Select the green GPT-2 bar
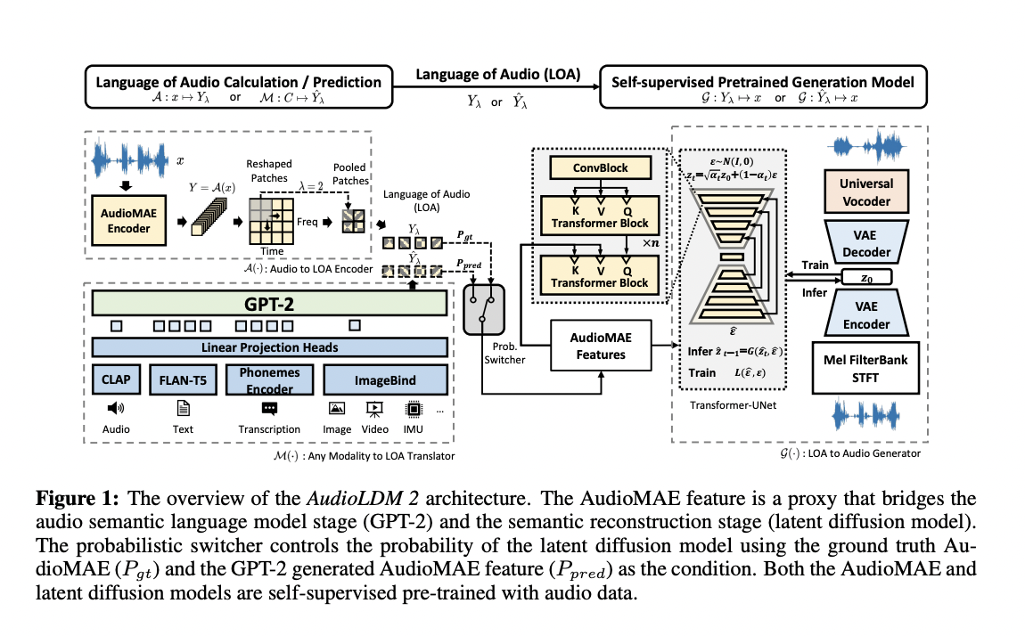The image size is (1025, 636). pos(269,303)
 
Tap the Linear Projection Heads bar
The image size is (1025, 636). pos(269,347)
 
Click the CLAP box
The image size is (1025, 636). pos(116,379)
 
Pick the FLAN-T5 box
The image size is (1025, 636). pos(183,379)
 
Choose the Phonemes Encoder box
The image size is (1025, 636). pos(268,379)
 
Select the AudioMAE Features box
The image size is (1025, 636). pos(599,346)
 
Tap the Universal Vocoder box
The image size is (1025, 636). pos(865,192)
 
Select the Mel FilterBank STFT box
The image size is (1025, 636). pos(865,368)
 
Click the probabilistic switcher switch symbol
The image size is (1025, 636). pos(484,309)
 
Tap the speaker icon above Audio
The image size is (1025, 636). pos(116,408)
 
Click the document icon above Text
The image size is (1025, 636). pos(183,408)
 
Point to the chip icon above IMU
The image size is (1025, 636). pos(413,408)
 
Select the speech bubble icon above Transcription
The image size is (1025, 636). pos(269,408)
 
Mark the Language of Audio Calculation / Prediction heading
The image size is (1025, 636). pos(238,82)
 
